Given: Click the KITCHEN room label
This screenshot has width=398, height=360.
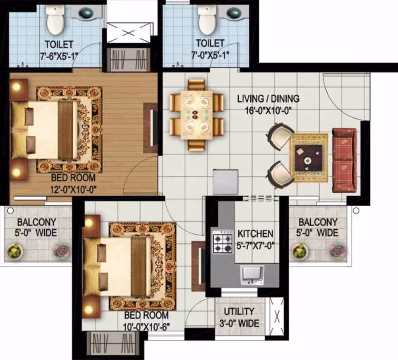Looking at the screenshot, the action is [255, 233].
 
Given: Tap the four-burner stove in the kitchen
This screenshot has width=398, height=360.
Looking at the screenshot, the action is [223, 241].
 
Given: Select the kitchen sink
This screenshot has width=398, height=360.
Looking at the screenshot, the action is [252, 275].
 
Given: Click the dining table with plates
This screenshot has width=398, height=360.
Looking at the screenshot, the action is [197, 115].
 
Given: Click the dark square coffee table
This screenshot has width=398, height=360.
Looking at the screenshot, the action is [309, 158].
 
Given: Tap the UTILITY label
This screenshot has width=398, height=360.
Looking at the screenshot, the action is [239, 312].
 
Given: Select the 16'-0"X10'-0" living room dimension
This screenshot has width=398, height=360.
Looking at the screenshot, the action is [268, 111].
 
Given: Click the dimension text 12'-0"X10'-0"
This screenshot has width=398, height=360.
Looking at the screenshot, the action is [74, 190].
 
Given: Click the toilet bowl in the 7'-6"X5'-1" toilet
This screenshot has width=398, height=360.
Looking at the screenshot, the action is [55, 20].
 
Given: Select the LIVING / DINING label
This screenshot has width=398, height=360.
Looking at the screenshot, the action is [268, 98].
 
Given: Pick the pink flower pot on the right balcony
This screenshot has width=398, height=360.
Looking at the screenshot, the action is [337, 250].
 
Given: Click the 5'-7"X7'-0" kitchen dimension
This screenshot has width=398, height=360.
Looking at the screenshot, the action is [255, 245].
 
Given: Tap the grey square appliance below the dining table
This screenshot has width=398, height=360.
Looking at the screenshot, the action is [225, 182].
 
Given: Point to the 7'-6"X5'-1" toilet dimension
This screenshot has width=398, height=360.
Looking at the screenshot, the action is [59, 56].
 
